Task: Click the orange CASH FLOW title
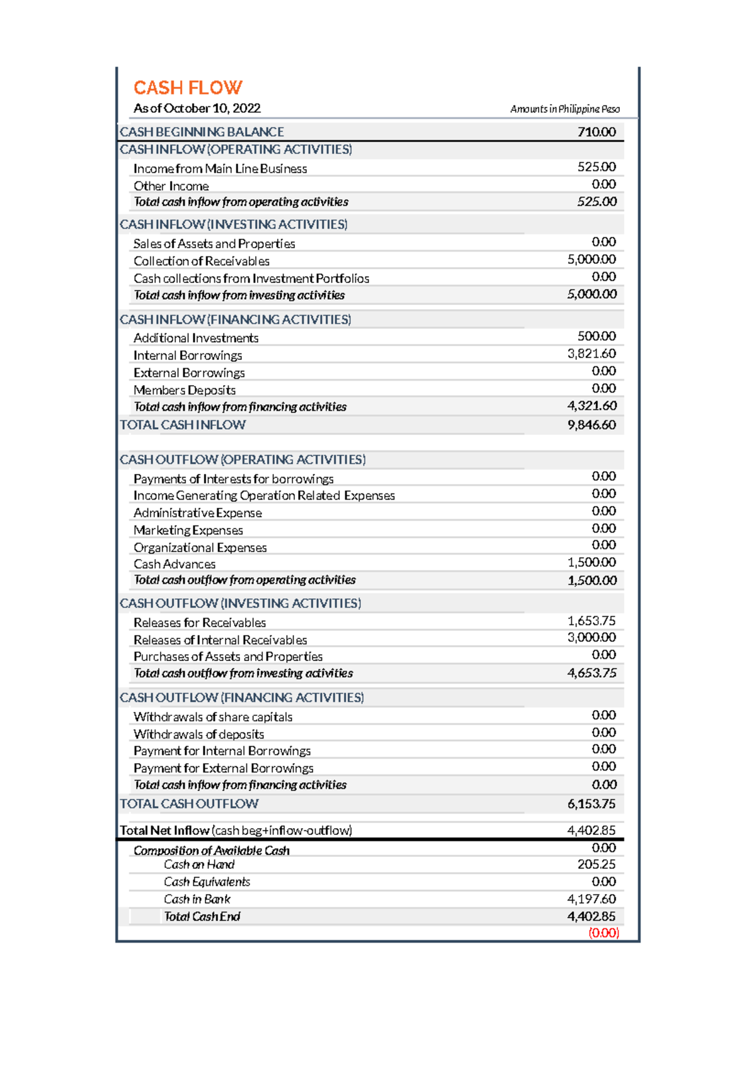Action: [188, 88]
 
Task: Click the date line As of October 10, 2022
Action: [197, 108]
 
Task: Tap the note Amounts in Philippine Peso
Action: [564, 109]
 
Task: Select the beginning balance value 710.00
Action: [596, 132]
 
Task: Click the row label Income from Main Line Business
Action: [220, 169]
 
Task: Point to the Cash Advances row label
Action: [175, 564]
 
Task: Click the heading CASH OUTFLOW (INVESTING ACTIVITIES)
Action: [240, 603]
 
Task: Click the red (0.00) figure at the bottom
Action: [604, 933]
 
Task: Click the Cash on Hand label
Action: [199, 865]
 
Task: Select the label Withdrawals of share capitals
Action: [213, 716]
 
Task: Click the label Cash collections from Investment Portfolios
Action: [251, 279]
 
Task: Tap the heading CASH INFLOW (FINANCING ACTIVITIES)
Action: [235, 319]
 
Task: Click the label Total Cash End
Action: [202, 916]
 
